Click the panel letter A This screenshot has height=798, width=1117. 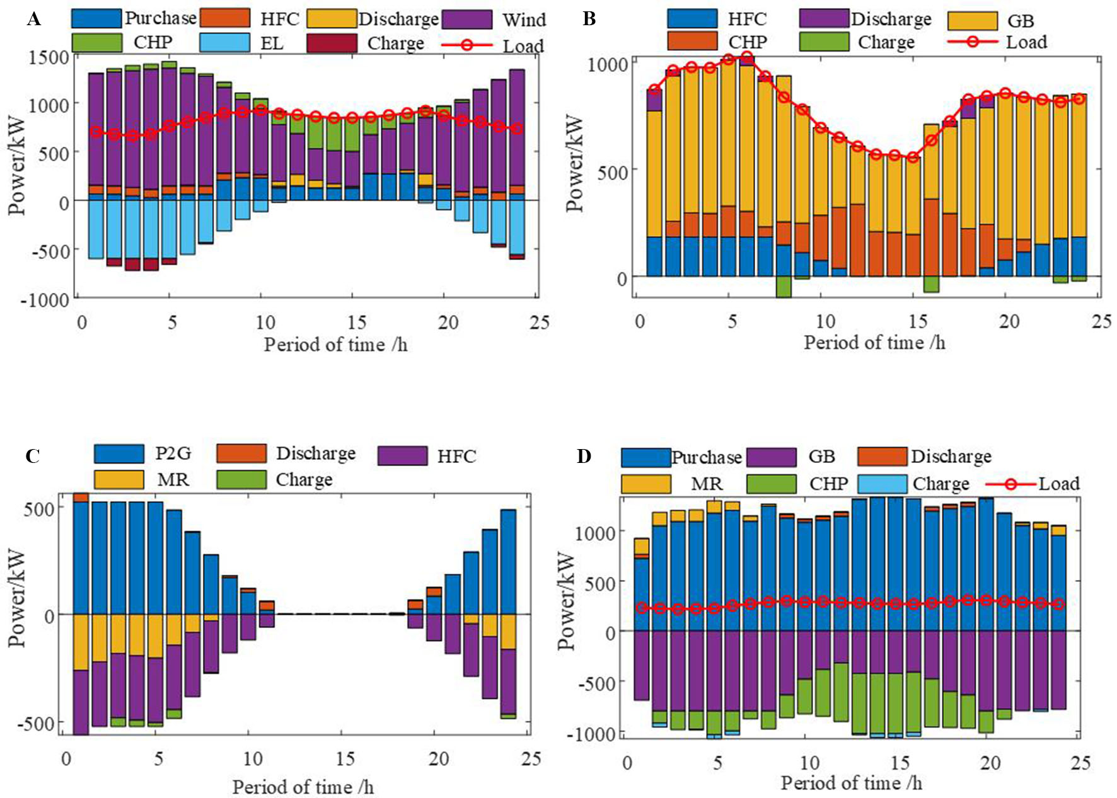click(34, 20)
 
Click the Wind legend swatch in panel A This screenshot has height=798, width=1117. click(467, 19)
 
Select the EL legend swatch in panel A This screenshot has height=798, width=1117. click(224, 43)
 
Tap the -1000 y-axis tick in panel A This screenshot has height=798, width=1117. click(45, 300)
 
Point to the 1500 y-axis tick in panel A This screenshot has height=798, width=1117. click(49, 57)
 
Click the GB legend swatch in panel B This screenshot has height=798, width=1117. click(972, 20)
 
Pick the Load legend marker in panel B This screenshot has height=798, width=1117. click(973, 42)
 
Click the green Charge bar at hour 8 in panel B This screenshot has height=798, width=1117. click(784, 287)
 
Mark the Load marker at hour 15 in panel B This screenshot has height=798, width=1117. click(912, 157)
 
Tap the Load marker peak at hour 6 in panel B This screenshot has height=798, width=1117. click(747, 57)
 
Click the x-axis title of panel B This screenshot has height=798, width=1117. click(874, 343)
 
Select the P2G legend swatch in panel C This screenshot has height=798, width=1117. click(119, 454)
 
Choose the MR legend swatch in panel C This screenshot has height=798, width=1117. click(119, 480)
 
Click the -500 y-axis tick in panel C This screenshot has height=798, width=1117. click(39, 724)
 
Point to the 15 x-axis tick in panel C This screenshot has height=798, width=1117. click(345, 758)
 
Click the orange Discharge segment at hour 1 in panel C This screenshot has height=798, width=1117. click(81, 498)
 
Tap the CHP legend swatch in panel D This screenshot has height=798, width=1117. click(771, 484)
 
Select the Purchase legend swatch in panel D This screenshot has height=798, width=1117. click(645, 457)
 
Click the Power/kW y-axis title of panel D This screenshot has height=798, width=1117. click(567, 601)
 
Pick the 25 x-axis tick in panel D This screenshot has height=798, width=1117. click(1080, 763)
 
